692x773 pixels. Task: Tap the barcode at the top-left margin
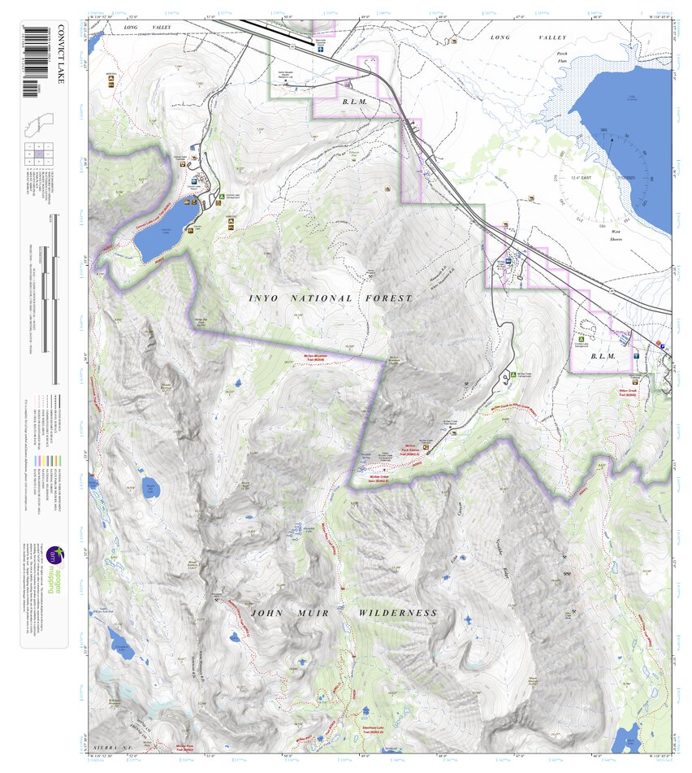[31, 61]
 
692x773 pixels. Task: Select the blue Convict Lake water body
[158, 231]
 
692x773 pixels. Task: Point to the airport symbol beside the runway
[322, 48]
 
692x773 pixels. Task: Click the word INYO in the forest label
[263, 299]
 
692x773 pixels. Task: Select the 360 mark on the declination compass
[603, 130]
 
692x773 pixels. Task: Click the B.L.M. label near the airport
[355, 102]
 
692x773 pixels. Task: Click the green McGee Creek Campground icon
[513, 375]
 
